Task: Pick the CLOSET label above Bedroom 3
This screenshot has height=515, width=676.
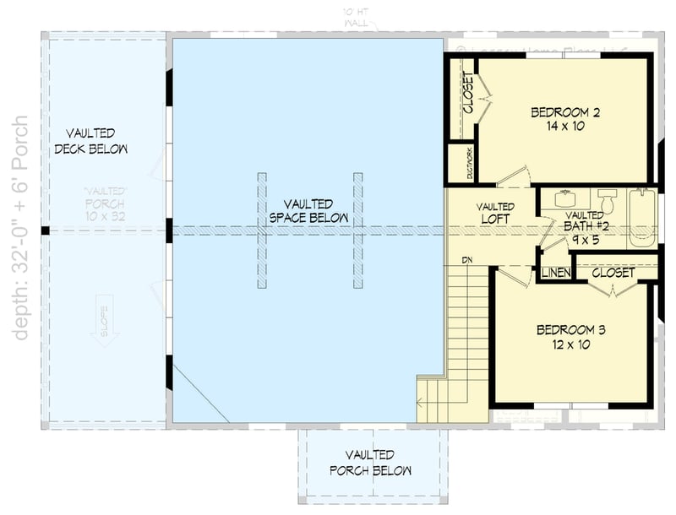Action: [x=613, y=273]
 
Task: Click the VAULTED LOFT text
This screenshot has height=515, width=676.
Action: [x=494, y=212]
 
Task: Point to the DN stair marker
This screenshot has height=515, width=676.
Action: [x=466, y=259]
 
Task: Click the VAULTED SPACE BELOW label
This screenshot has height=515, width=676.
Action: [x=308, y=211]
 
